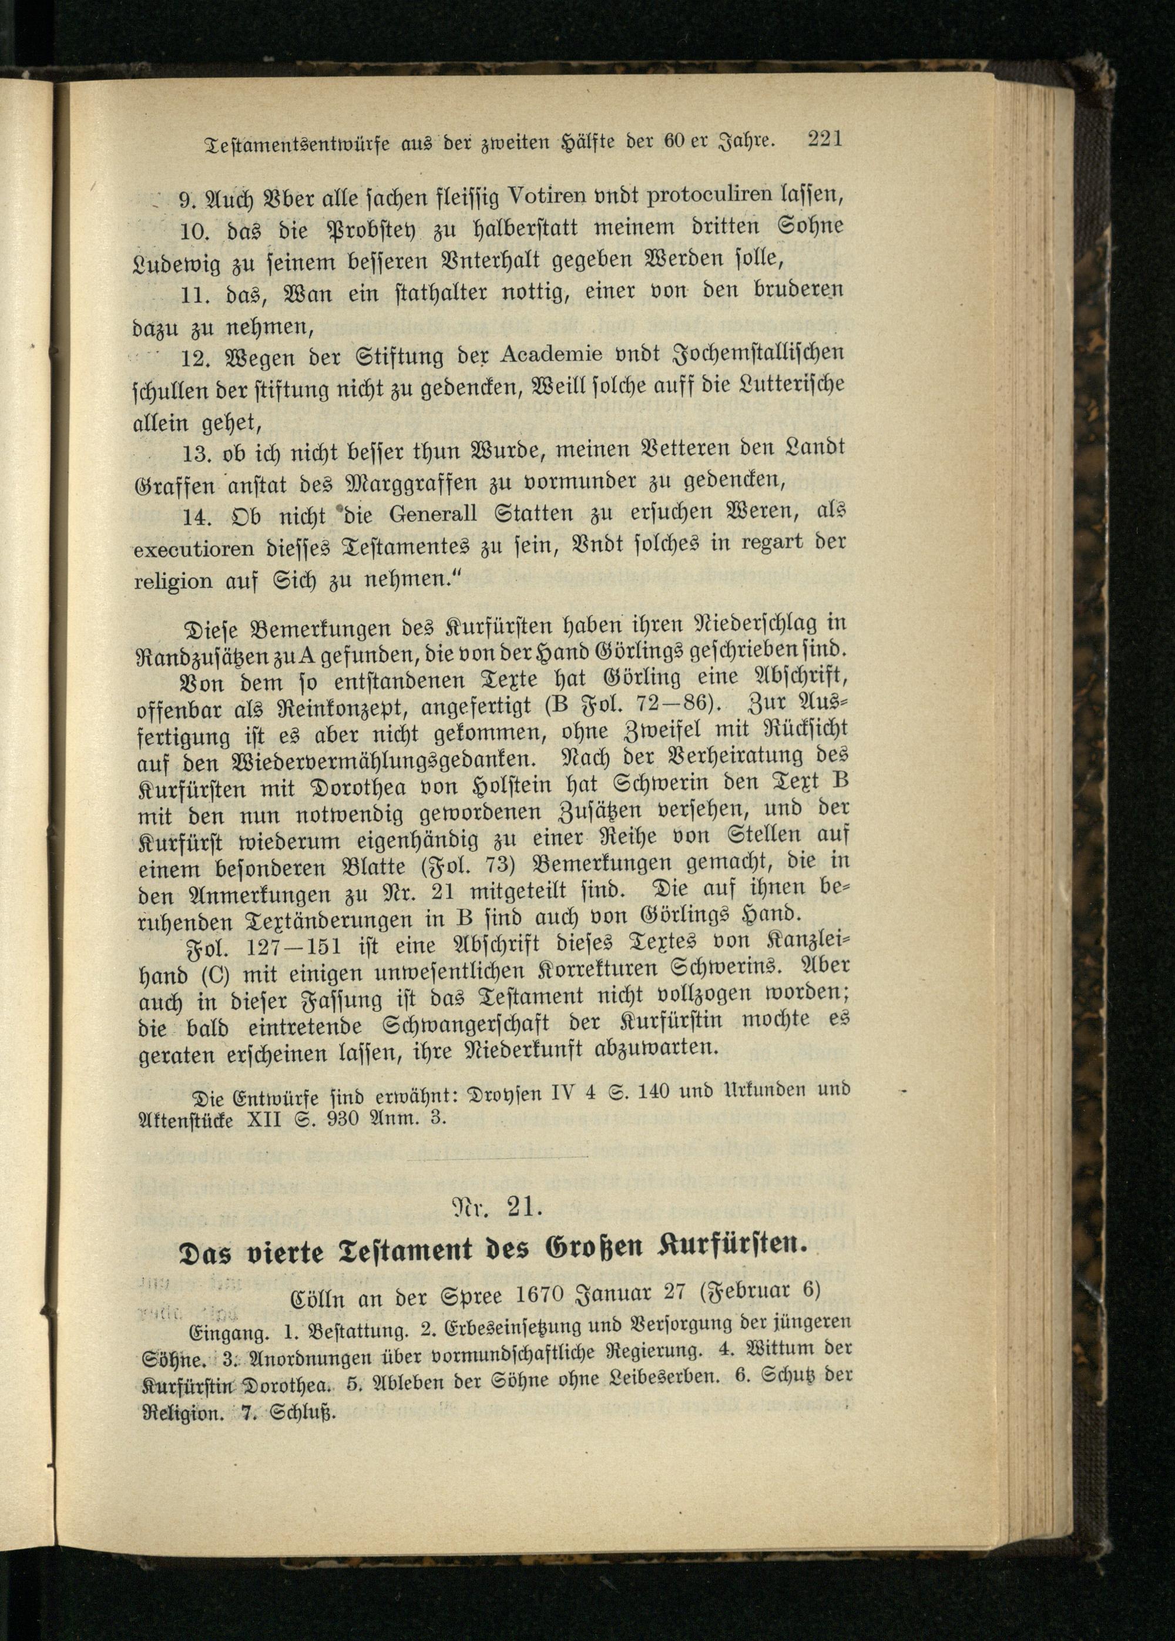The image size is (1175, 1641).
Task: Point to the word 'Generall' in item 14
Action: click(432, 515)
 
